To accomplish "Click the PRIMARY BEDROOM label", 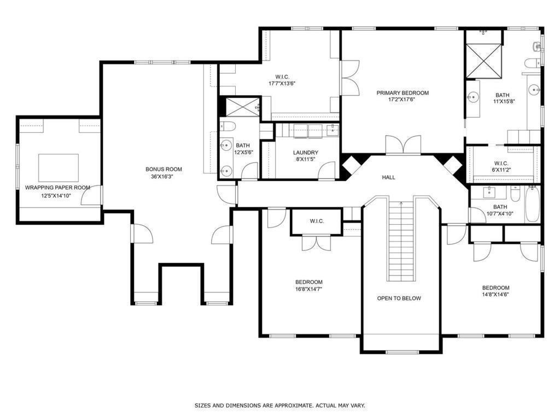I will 402,93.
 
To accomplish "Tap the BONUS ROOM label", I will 164,169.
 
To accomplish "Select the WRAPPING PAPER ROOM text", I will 57,188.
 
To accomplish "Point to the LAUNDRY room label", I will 305,153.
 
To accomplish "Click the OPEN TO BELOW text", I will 399,298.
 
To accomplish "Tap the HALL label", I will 388,177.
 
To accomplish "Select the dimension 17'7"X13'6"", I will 282,84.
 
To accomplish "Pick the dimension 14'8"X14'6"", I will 495,295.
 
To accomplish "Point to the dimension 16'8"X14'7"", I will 310,289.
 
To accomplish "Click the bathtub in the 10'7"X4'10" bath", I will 532,204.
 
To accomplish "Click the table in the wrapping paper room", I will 58,167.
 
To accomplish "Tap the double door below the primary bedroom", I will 403,145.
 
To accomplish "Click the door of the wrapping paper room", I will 91,195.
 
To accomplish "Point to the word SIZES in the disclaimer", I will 204,405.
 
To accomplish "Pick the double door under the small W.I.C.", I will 317,242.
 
